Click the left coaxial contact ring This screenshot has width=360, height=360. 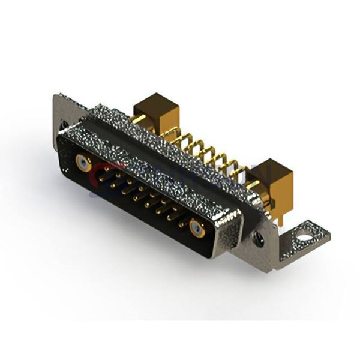click(83, 161)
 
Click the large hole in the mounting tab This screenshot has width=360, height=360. click(306, 235)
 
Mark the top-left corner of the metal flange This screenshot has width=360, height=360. click(56, 96)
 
